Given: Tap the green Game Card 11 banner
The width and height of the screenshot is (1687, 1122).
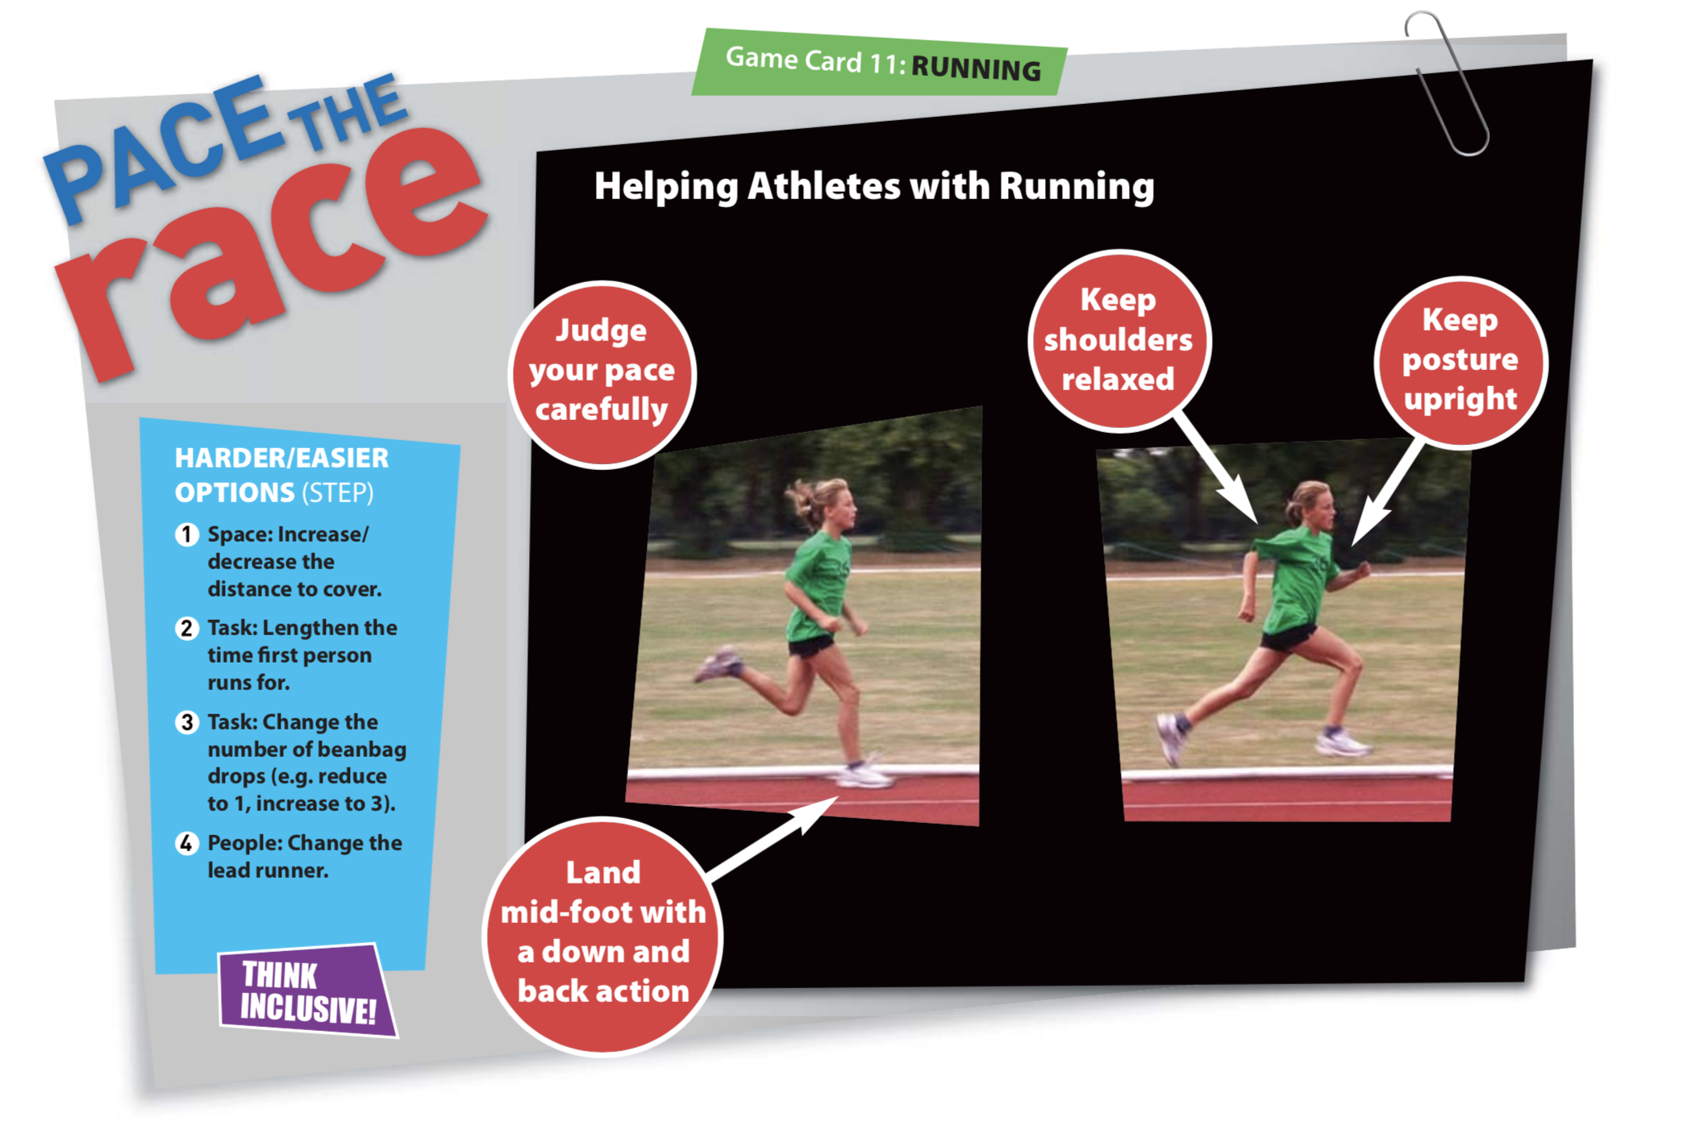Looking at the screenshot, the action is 879,63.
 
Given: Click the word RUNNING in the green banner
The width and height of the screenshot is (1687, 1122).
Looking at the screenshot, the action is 976,69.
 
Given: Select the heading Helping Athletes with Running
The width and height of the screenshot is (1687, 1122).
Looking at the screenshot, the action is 874,186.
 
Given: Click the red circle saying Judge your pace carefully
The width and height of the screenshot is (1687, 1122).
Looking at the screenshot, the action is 602,375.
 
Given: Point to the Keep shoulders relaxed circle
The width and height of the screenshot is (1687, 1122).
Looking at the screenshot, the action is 1118,340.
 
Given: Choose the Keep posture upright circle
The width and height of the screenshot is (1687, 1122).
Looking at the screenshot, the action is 1460,361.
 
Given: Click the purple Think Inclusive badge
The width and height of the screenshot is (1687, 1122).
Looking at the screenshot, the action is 307,991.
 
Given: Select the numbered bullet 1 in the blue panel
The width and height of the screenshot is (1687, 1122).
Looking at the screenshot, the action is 187,534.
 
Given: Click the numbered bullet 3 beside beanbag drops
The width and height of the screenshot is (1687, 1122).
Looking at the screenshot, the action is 187,722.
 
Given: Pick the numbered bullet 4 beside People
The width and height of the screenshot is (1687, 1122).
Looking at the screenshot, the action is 187,843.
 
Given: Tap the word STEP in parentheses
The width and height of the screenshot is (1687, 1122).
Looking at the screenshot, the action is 338,492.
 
